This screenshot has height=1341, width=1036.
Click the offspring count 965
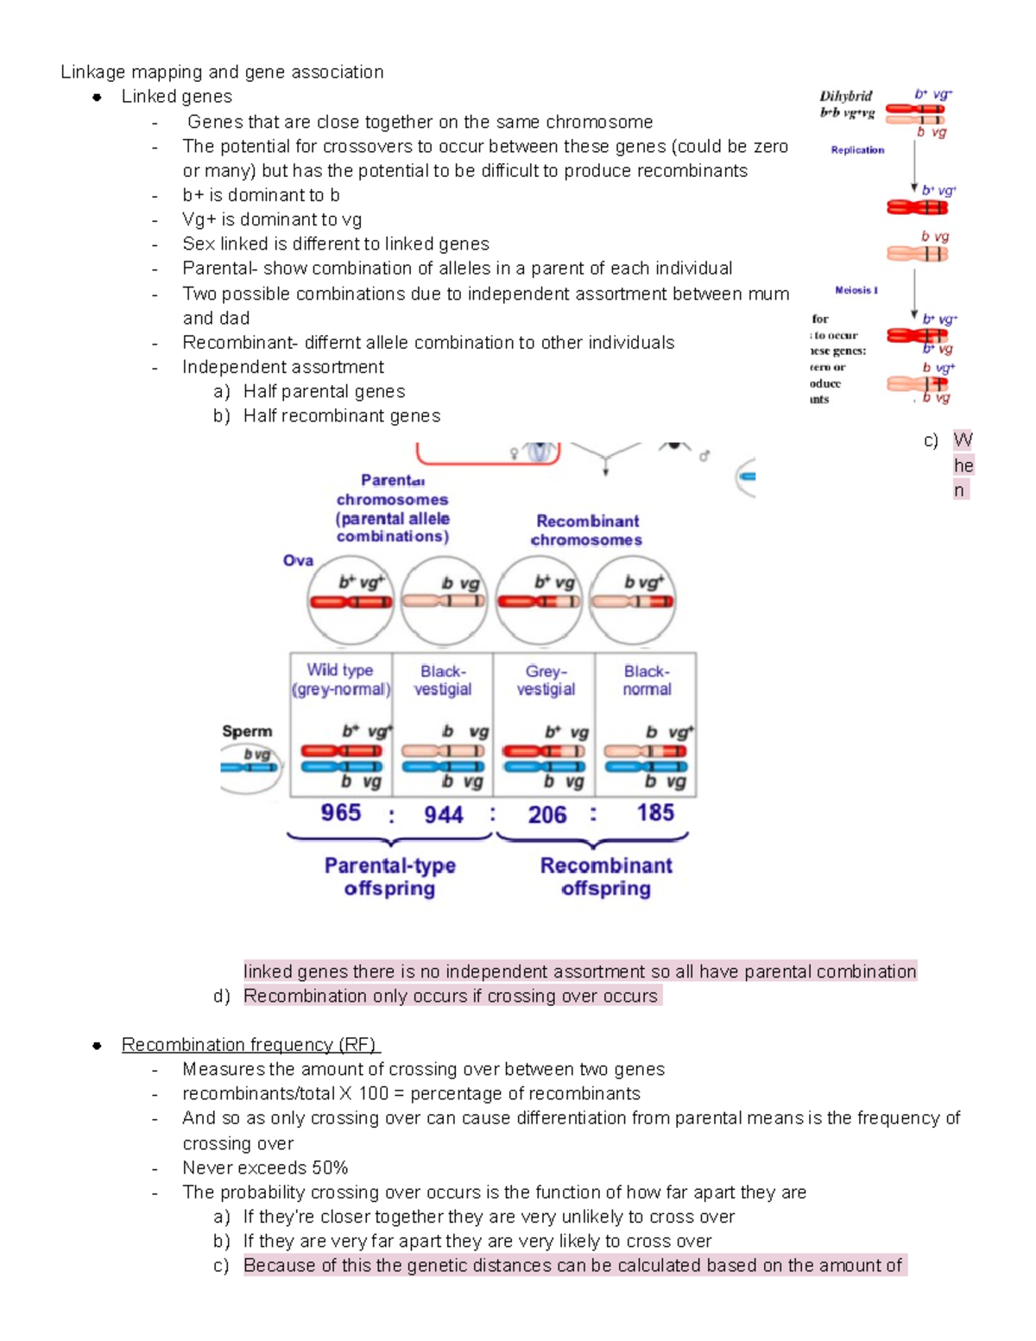click(x=341, y=813)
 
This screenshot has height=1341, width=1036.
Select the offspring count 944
click(x=443, y=814)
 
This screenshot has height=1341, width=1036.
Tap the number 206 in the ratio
click(x=546, y=814)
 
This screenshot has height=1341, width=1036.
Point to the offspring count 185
click(x=655, y=813)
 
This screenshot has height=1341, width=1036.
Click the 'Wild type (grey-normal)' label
click(x=340, y=680)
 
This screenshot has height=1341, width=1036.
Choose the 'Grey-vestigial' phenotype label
click(x=546, y=680)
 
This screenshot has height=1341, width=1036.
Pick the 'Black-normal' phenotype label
click(x=647, y=680)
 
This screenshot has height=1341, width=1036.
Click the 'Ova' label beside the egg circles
click(x=298, y=560)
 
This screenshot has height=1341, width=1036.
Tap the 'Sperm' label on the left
click(x=247, y=731)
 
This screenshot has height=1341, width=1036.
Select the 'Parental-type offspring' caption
click(x=389, y=876)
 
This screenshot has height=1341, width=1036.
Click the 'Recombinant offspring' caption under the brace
click(x=606, y=876)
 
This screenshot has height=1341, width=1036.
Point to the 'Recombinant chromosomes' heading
click(x=587, y=530)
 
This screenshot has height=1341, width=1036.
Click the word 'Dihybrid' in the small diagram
click(x=845, y=96)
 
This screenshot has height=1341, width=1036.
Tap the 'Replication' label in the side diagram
click(x=857, y=150)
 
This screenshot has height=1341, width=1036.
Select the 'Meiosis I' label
click(x=856, y=290)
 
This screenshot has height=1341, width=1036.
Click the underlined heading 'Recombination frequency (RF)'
click(x=250, y=1045)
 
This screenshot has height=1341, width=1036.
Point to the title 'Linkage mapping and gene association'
click(x=222, y=72)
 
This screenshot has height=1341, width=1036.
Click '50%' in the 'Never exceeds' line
click(x=330, y=1168)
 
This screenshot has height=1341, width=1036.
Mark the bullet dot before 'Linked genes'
click(x=98, y=97)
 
